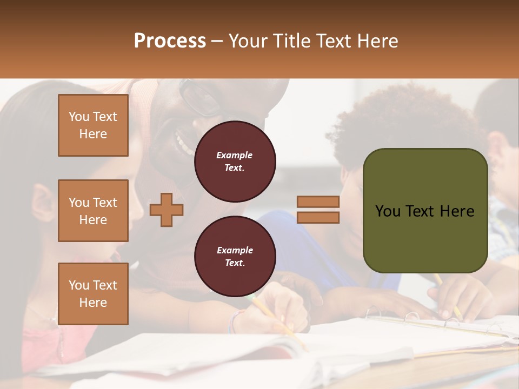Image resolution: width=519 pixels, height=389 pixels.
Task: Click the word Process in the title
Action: point(170,41)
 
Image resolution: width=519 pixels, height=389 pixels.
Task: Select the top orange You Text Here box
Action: point(93,125)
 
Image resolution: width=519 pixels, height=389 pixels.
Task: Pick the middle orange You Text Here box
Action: point(93,211)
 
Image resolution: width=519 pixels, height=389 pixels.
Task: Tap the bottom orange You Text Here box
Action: point(93,293)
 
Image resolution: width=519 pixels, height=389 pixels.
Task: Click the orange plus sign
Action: point(167,210)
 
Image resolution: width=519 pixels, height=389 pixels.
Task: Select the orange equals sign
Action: point(318,210)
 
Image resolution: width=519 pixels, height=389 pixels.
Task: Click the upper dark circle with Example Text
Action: point(235,161)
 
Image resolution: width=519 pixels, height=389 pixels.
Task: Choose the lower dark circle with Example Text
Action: point(235,256)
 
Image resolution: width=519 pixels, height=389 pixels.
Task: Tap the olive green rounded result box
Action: point(425,211)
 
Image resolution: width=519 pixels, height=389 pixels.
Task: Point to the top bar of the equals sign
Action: point(318,202)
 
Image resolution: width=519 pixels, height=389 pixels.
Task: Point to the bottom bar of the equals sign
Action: point(318,217)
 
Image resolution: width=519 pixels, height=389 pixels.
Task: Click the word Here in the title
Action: point(377,41)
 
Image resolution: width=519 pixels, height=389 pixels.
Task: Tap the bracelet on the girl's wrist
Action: point(234,322)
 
